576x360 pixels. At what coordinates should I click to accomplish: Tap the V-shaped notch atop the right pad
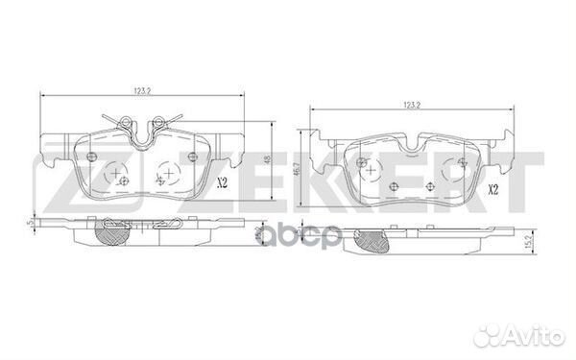(413, 146)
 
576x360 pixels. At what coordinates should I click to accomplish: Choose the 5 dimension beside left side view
(31, 224)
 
